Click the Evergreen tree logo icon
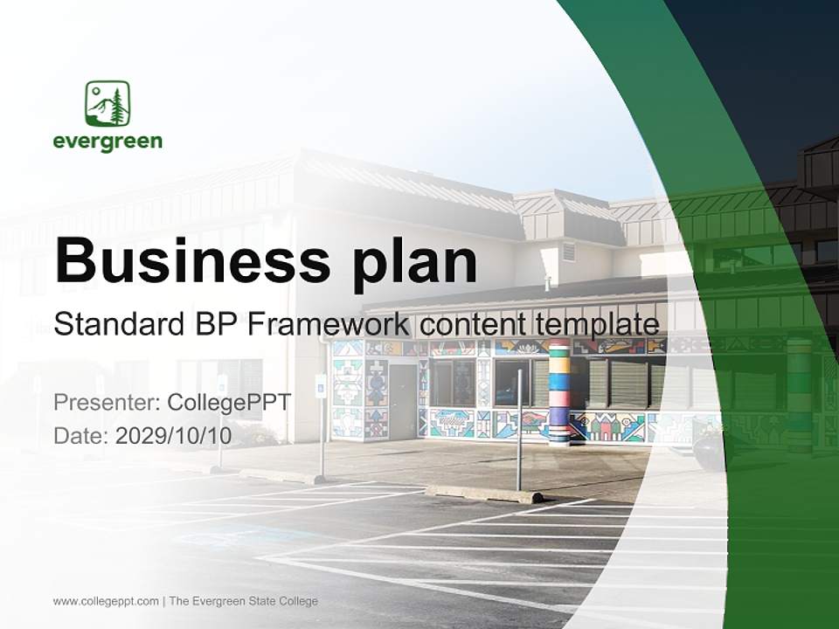coord(107,103)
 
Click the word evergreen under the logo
coord(107,141)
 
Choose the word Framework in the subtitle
coord(328,324)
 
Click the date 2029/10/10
coord(174,436)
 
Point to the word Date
coord(80,436)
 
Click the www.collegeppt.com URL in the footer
coord(106,601)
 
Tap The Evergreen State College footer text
coord(243,601)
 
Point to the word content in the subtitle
coord(472,324)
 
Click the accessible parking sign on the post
coord(320,386)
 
